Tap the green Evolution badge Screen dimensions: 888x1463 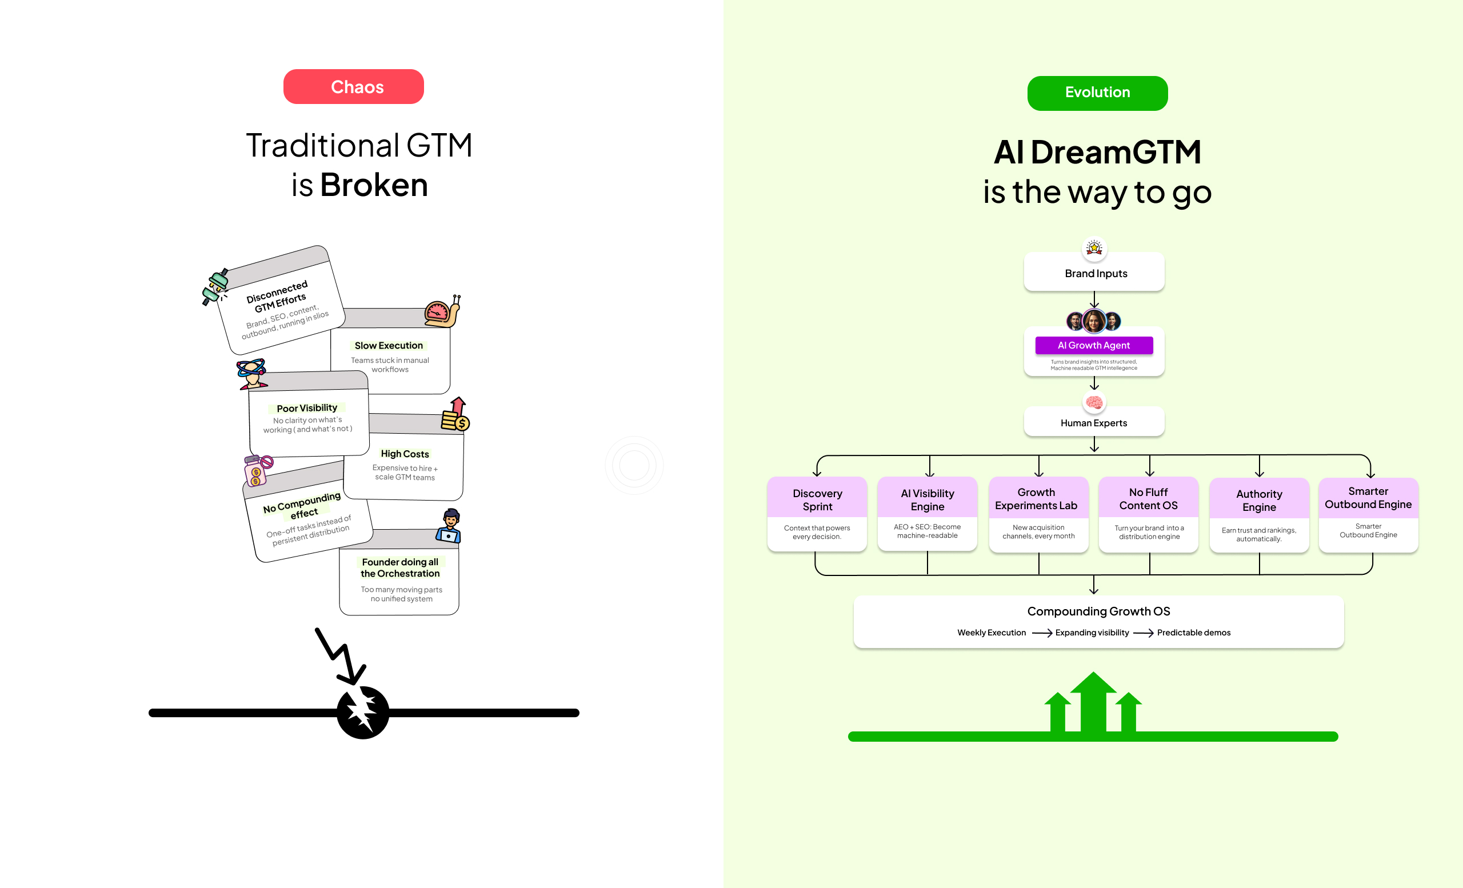[1097, 93]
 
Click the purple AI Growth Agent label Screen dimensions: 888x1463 [1094, 346]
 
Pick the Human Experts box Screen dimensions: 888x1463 [1094, 423]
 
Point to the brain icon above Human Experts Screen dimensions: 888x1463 [1094, 403]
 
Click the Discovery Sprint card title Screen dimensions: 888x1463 [817, 500]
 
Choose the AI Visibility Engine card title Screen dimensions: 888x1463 [928, 500]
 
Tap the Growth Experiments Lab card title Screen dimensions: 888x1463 [1036, 499]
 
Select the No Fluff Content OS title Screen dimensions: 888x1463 [1148, 499]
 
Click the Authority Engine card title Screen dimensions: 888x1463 [1260, 501]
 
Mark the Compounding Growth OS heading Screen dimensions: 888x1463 [1098, 611]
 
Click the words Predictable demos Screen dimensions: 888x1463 [1193, 633]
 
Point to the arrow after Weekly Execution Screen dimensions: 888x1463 [1041, 633]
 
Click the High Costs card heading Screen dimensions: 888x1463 [405, 454]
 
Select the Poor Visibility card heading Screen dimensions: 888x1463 [307, 409]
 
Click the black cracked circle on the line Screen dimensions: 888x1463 [363, 713]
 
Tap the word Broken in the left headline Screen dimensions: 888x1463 [374, 185]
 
